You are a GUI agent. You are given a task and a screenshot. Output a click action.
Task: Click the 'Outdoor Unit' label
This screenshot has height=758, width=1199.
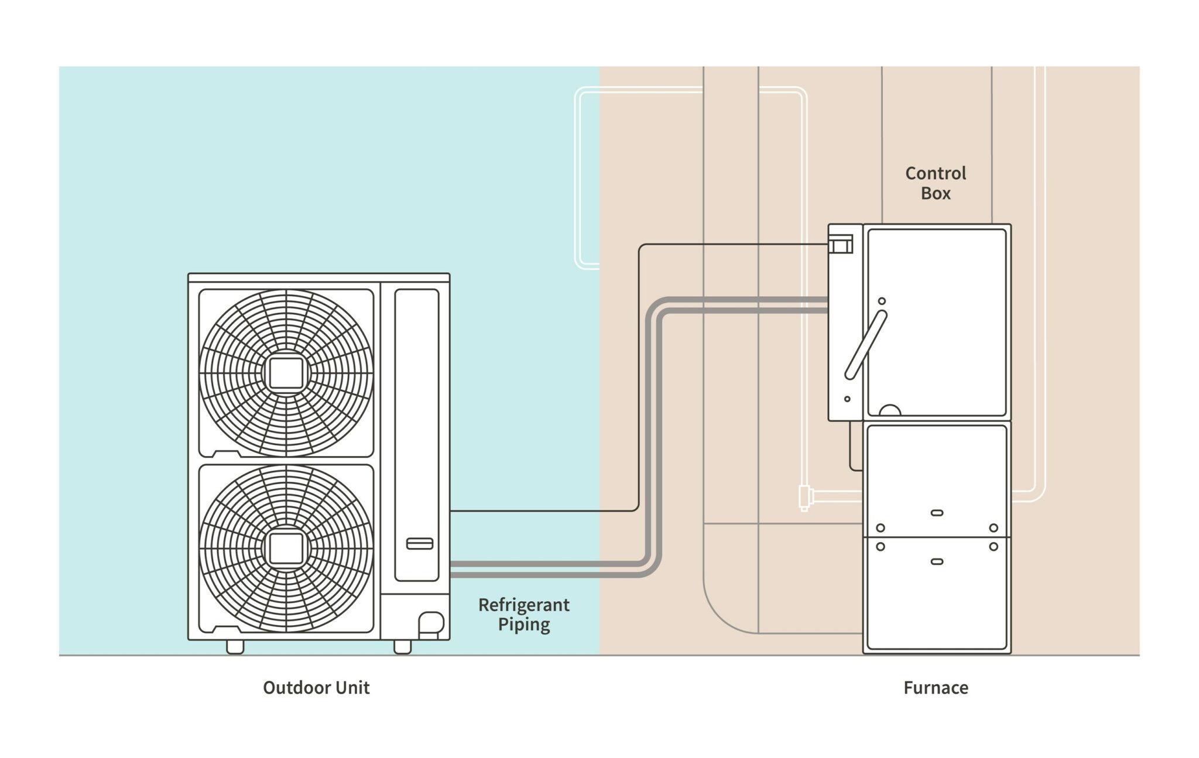316,687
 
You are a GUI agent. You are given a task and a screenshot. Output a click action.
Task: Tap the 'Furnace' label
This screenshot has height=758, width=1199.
936,687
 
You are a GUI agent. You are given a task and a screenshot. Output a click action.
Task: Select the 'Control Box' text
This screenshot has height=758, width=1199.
936,183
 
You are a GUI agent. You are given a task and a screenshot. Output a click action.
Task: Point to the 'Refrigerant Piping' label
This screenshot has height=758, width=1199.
524,614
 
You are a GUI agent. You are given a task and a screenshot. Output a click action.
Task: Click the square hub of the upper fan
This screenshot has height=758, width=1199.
286,373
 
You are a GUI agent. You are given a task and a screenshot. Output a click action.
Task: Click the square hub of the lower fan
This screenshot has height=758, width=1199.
286,549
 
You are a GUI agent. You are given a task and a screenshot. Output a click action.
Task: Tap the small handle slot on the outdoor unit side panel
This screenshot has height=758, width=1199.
420,543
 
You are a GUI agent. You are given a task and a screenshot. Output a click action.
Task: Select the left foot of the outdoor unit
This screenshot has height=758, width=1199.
235,647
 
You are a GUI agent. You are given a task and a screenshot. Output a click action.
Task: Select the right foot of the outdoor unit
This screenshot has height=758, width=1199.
403,647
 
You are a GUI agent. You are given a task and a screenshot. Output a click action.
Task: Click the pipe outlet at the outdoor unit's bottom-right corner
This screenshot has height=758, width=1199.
431,624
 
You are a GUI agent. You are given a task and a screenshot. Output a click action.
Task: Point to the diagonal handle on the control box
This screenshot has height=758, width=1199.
866,345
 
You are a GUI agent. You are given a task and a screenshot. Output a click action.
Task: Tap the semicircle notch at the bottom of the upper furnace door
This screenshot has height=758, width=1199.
890,410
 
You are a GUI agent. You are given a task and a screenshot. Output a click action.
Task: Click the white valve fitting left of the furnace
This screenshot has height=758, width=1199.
805,497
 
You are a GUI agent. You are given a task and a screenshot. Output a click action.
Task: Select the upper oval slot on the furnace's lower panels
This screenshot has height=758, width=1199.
937,513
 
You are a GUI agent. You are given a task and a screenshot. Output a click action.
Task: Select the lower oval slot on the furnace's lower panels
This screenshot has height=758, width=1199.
937,561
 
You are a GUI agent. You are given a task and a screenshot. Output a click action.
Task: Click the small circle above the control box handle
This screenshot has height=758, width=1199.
882,301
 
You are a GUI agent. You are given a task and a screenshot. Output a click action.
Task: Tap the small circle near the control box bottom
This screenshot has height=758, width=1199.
847,399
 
